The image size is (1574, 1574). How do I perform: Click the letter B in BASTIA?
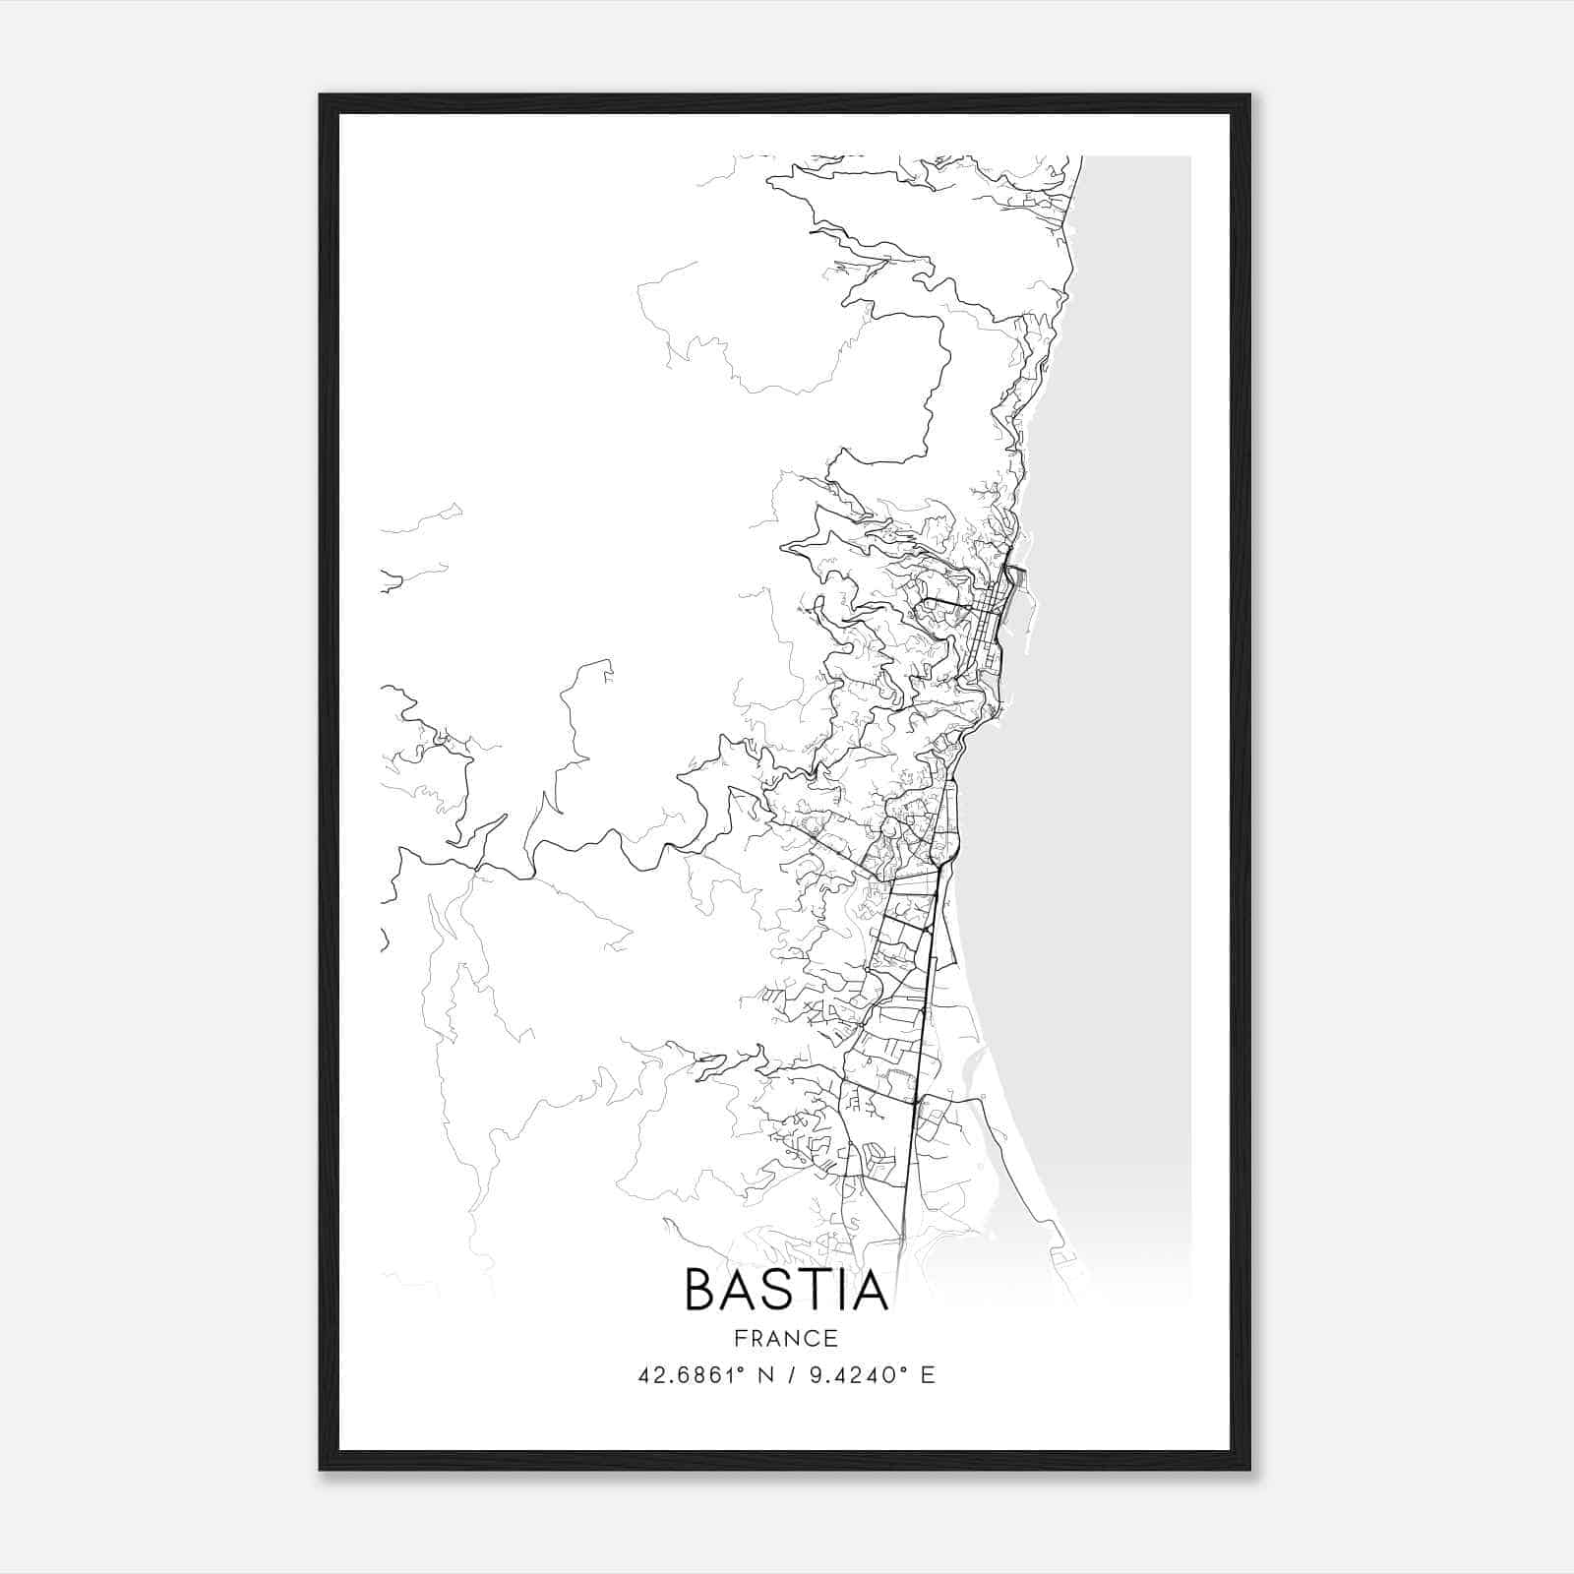pyautogui.click(x=702, y=1291)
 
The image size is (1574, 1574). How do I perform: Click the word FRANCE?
pyautogui.click(x=786, y=1339)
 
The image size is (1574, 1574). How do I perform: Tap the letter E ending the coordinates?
pyautogui.click(x=927, y=1375)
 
